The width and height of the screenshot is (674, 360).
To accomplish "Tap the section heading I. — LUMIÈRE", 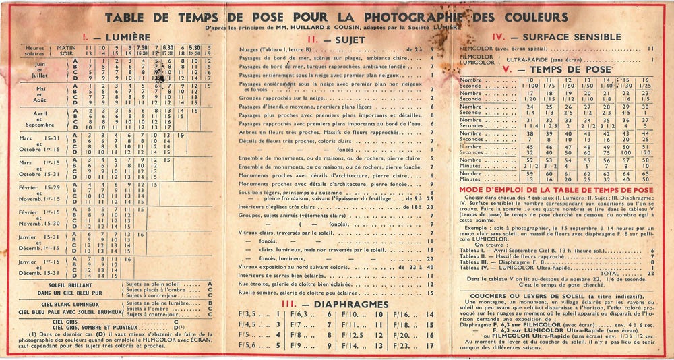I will [x=113, y=36].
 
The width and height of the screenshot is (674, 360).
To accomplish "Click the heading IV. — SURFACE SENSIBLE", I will [x=565, y=38].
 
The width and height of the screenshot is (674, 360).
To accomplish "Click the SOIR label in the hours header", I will [x=67, y=55].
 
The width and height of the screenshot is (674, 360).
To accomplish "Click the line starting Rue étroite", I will [x=297, y=284].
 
